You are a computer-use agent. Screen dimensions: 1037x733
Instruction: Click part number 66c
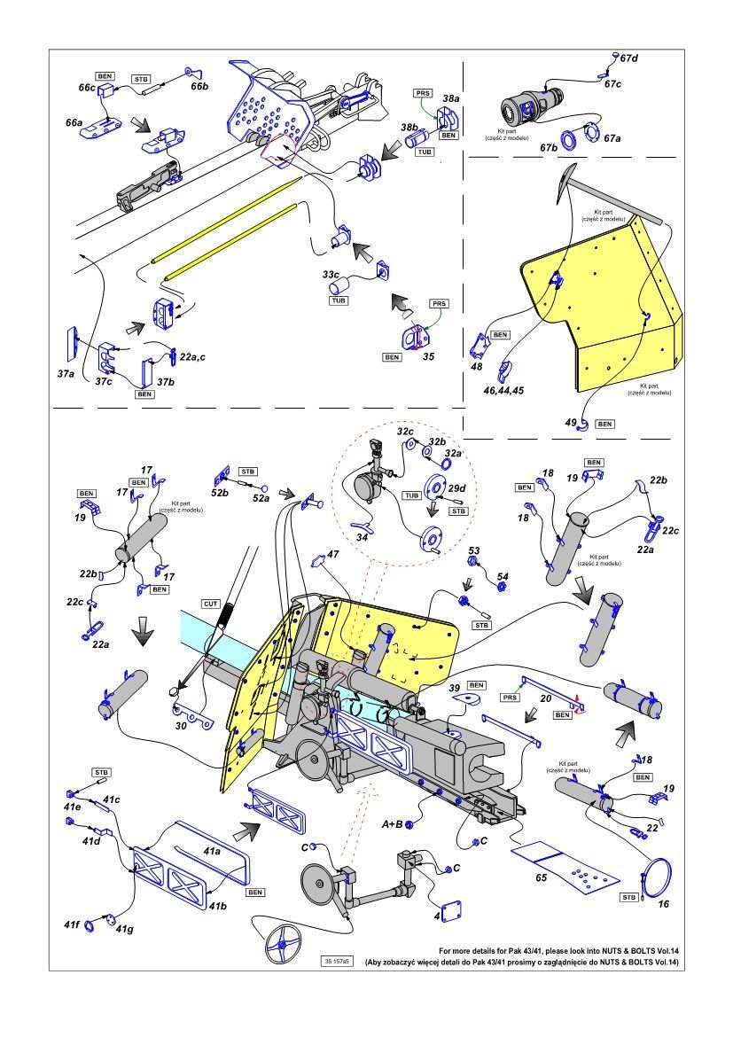86,89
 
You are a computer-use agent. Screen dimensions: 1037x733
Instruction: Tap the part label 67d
628,58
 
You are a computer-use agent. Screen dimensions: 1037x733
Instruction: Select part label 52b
219,491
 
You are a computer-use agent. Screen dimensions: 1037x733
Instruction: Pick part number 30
182,724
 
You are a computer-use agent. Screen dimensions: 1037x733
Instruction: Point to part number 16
664,905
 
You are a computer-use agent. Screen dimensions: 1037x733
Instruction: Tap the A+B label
393,824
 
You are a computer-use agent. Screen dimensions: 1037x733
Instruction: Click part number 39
454,687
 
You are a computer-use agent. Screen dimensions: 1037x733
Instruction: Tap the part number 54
503,576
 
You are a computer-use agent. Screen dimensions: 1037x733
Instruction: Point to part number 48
477,365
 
